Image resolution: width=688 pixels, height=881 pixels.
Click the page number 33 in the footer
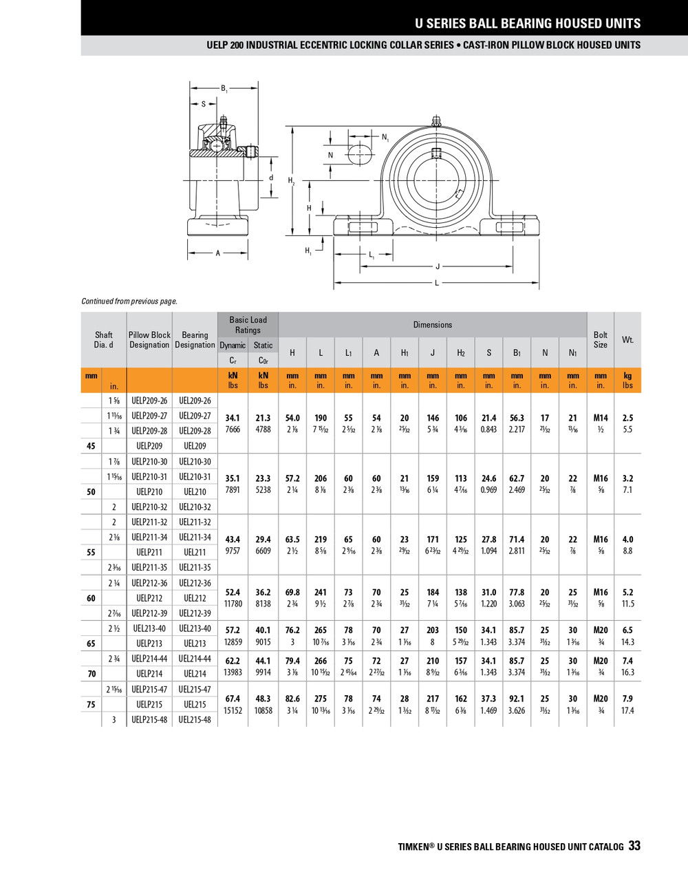tap(634, 846)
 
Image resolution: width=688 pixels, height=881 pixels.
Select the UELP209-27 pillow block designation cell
tap(149, 416)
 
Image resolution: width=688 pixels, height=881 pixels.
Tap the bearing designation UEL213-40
tap(195, 628)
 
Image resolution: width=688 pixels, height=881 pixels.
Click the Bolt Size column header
tap(600, 339)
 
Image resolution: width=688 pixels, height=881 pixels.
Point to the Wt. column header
tap(627, 339)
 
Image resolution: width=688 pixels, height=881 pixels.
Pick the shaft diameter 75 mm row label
tap(92, 705)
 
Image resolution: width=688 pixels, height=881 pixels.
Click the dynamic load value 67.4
tap(233, 699)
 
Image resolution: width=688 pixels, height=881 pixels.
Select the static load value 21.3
tap(263, 418)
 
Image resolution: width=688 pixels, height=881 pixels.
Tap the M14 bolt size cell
tap(600, 418)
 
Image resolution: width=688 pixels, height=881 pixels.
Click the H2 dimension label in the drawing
tap(292, 180)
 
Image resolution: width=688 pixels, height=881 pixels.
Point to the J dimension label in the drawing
tap(438, 267)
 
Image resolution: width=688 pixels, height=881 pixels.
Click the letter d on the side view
tap(271, 178)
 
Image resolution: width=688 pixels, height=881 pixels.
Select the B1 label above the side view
tap(224, 88)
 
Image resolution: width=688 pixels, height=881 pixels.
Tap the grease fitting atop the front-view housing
tap(436, 121)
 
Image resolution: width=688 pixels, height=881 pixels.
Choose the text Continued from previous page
tap(129, 301)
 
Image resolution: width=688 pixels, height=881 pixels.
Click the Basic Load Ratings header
tap(248, 325)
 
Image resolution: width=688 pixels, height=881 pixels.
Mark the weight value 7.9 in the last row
tap(627, 699)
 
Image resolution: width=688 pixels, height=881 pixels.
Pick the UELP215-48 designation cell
tap(149, 720)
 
